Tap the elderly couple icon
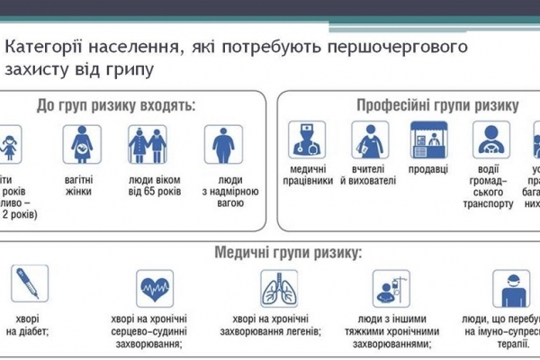point(148,143)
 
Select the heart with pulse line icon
point(155,289)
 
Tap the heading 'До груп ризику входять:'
point(116,106)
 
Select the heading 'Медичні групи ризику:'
point(287,251)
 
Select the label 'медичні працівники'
point(305,175)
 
